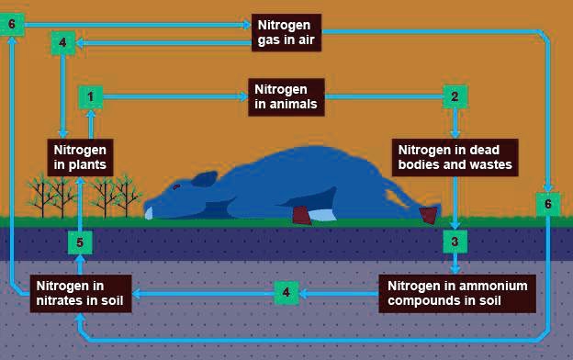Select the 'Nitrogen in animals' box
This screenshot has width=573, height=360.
click(286, 96)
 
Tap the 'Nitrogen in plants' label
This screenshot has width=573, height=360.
click(81, 157)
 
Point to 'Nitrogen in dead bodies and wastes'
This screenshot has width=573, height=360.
click(455, 157)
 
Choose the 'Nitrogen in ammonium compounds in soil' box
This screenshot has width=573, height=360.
click(457, 293)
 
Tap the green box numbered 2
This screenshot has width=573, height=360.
click(454, 96)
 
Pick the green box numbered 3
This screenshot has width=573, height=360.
click(455, 242)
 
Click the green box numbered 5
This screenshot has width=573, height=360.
click(80, 242)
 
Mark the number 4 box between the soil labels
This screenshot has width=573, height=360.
click(286, 293)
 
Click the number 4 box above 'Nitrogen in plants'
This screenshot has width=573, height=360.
click(62, 43)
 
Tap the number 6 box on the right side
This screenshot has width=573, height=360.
click(547, 203)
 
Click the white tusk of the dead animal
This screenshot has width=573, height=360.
click(149, 213)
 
